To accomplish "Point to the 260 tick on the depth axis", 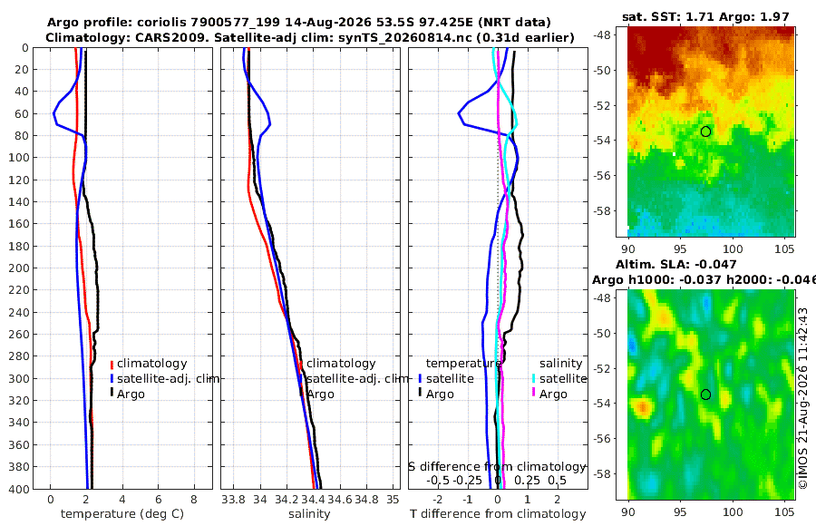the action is [x=18, y=334].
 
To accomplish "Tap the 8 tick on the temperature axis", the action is [x=194, y=499].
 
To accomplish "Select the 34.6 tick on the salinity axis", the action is [x=340, y=499].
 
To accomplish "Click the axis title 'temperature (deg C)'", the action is [x=122, y=513].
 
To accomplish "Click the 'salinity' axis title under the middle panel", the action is [x=309, y=513].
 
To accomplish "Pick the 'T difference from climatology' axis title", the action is [x=498, y=513].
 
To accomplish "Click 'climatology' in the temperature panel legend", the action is [x=151, y=363].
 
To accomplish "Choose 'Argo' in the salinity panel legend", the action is [x=320, y=394].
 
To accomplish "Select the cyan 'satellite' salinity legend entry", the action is [x=562, y=378].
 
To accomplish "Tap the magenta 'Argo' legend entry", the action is [x=553, y=394].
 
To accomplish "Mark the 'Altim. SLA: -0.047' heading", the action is [x=676, y=264].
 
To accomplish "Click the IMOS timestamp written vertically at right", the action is [x=803, y=398].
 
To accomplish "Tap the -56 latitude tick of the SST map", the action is [x=604, y=176].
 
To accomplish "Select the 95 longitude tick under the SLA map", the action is [x=680, y=511].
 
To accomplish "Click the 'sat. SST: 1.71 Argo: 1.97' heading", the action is [x=705, y=16].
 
